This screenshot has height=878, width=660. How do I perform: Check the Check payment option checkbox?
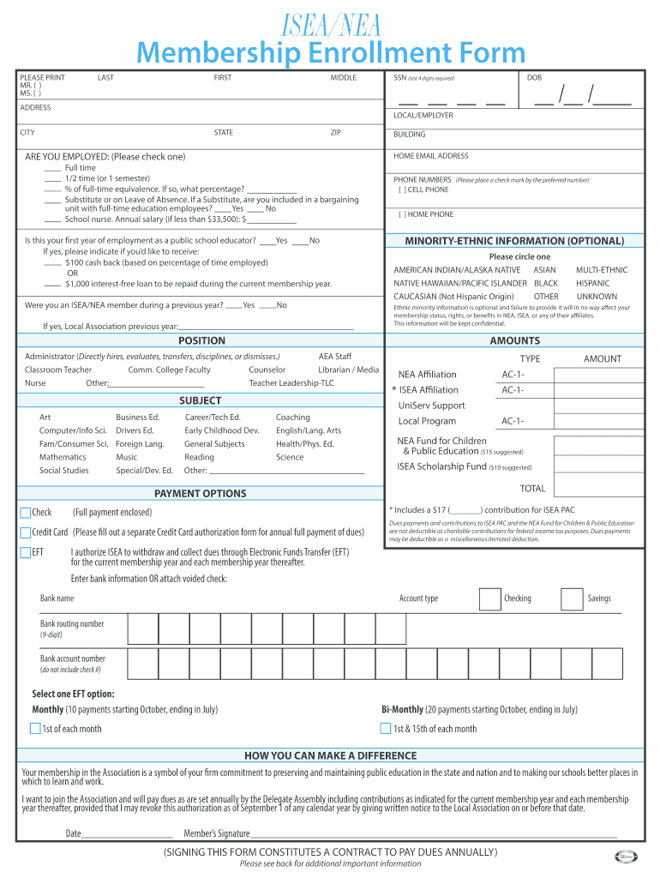(x=25, y=513)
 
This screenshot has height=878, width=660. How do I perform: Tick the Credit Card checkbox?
(x=25, y=532)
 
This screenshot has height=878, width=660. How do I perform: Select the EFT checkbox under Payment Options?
(x=25, y=552)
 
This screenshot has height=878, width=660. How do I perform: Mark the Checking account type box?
(x=489, y=598)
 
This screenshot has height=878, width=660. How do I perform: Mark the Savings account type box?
(x=572, y=598)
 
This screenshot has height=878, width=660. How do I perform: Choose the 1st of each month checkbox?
(x=35, y=729)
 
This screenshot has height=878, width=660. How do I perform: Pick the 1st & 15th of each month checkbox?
(x=386, y=729)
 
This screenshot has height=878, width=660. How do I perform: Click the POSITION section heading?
(x=201, y=340)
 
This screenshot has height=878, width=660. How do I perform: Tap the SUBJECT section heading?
(x=200, y=400)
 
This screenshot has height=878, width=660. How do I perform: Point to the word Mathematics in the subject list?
(x=63, y=457)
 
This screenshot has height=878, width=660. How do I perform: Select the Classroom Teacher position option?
(x=58, y=370)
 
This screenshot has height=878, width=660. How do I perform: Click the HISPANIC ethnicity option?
(x=593, y=283)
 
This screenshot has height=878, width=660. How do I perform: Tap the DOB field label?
(x=534, y=78)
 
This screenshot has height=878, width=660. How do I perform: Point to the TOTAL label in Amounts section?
(x=532, y=489)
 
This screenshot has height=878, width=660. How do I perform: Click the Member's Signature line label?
(x=217, y=833)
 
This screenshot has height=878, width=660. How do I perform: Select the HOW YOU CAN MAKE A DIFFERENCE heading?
(x=330, y=755)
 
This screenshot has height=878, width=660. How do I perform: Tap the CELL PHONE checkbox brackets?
(x=404, y=190)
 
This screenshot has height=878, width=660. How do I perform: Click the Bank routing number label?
(x=72, y=624)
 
